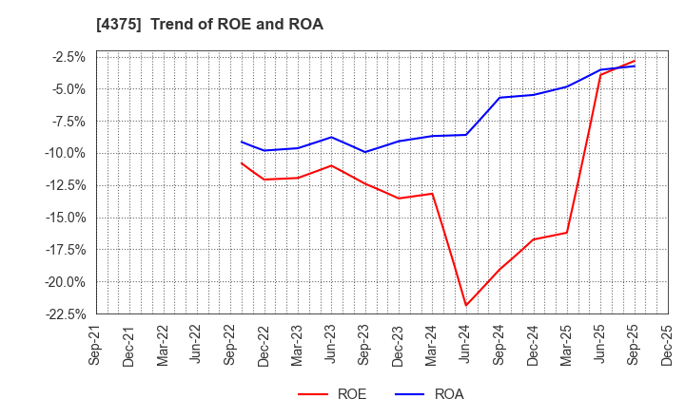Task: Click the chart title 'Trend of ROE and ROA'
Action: click(x=236, y=25)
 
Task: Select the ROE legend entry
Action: click(x=332, y=393)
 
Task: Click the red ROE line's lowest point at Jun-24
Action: click(x=466, y=306)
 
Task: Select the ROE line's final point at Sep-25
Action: click(x=635, y=61)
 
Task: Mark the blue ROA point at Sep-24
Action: click(x=499, y=98)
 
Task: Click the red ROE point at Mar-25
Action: click(x=567, y=233)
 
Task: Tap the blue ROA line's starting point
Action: click(x=242, y=142)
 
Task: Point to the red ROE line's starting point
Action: click(x=242, y=162)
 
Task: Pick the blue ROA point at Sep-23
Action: click(x=364, y=152)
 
